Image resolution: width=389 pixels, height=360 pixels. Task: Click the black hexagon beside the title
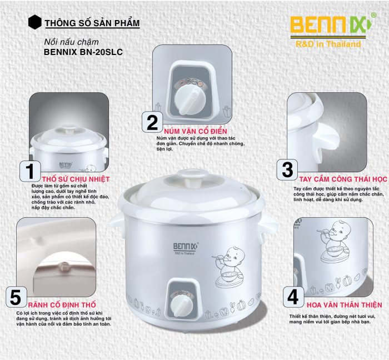click(34, 22)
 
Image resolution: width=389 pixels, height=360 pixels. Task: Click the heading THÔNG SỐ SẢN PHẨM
click(92, 23)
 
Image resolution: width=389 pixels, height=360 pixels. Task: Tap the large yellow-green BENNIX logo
click(331, 25)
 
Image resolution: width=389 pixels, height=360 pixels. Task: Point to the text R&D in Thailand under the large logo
click(328, 44)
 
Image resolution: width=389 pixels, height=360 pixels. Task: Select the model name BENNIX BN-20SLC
click(83, 52)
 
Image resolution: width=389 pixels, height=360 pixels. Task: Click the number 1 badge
click(30, 171)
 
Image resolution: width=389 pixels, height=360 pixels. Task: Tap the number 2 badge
click(152, 122)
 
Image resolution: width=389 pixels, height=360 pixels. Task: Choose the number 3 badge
click(287, 169)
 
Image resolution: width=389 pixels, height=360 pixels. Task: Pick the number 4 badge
click(293, 297)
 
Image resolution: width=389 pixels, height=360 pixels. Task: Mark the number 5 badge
click(16, 297)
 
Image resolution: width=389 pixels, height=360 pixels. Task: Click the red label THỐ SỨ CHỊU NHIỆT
click(76, 179)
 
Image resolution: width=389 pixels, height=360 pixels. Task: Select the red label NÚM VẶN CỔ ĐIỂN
click(196, 131)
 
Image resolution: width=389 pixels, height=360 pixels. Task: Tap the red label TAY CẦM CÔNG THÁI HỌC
click(343, 179)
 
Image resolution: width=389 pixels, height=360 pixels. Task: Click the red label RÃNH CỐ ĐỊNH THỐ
click(62, 304)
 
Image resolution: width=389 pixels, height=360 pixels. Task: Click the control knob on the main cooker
click(182, 306)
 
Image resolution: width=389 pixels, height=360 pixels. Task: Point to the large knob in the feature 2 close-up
click(190, 101)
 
